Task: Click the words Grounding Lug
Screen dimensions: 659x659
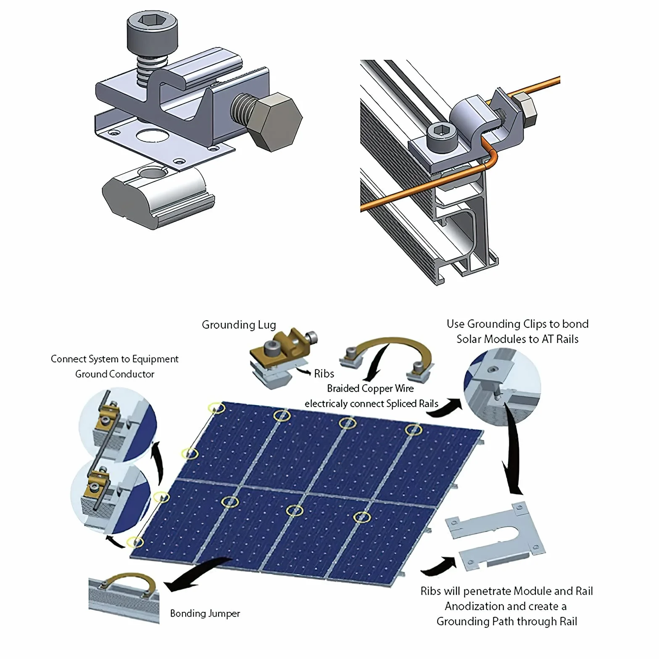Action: click(239, 325)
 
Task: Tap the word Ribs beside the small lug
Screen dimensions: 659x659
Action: click(324, 373)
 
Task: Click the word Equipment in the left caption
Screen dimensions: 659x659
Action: click(155, 359)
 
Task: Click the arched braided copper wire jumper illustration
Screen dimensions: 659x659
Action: click(389, 349)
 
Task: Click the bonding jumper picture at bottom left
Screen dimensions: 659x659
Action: click(124, 597)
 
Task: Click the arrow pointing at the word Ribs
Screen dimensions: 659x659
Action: click(304, 372)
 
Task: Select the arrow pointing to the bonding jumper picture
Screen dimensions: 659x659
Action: click(198, 574)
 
